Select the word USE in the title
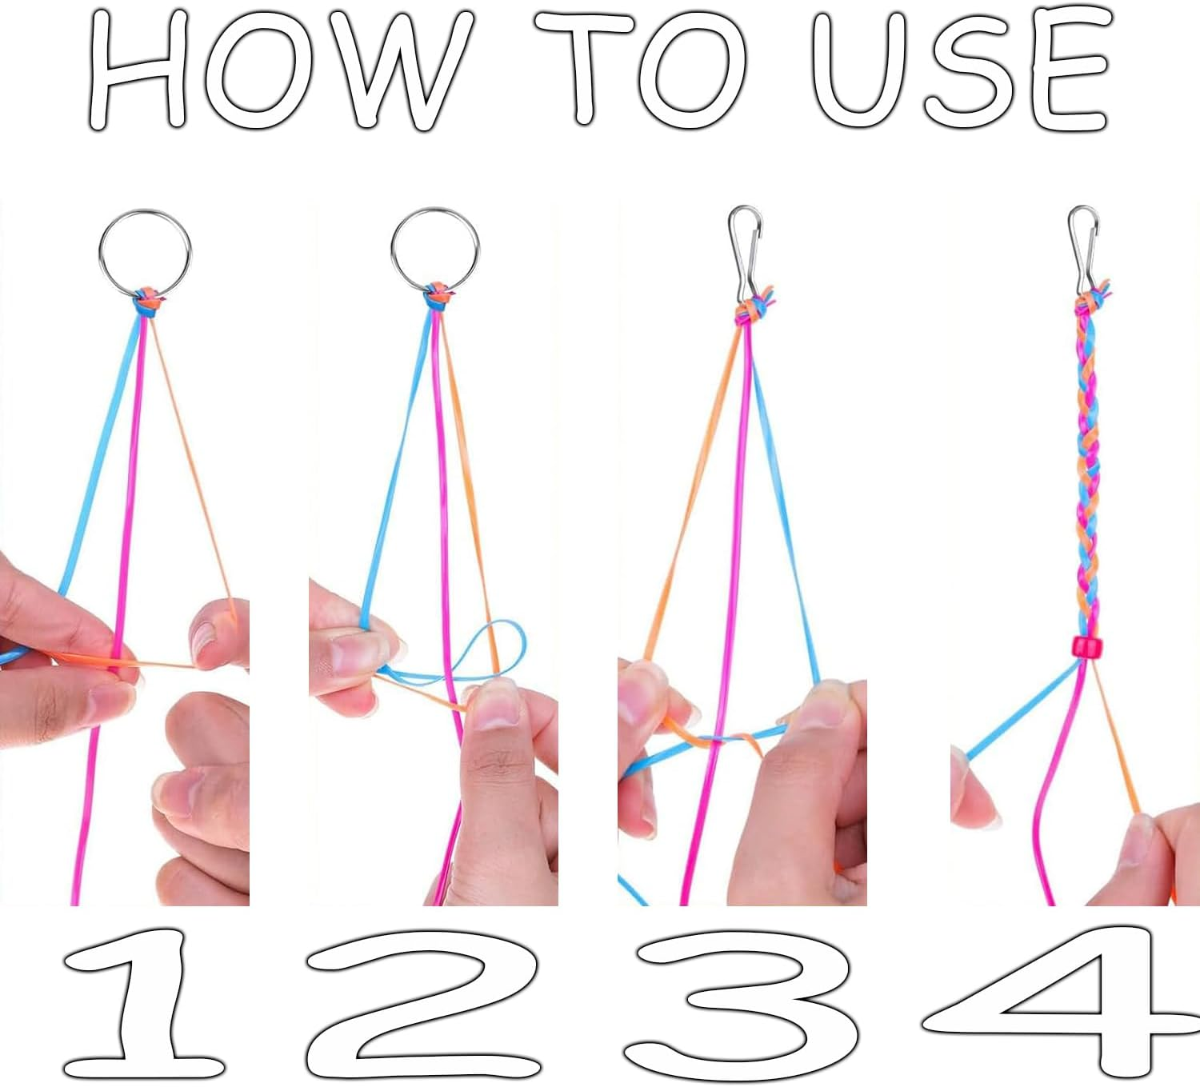(959, 68)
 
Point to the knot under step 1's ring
(146, 301)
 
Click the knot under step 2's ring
(438, 297)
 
